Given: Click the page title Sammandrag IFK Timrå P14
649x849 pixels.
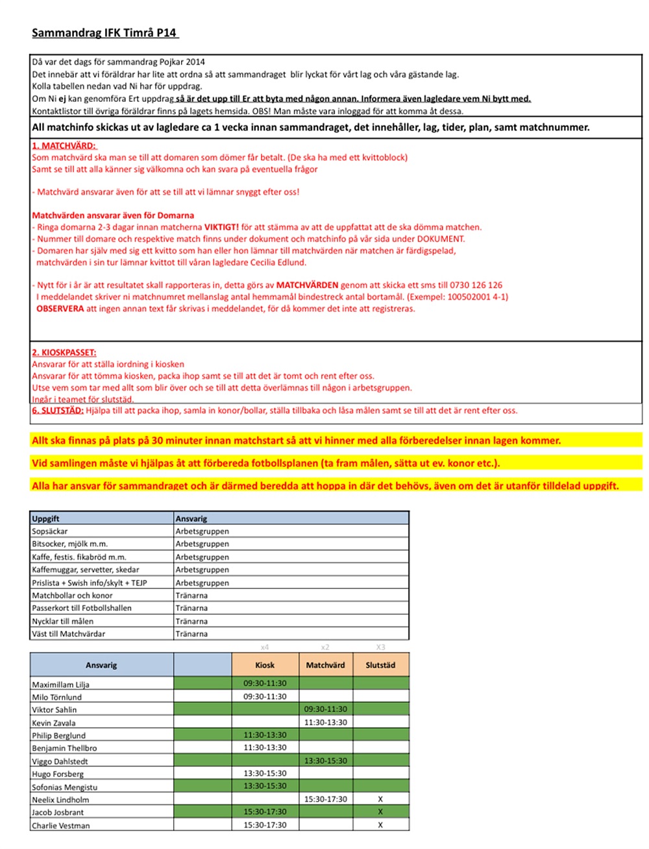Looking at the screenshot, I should [x=104, y=32].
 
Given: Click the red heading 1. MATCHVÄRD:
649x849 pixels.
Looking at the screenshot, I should [x=64, y=146].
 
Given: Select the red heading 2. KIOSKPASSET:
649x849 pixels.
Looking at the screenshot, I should [x=64, y=353].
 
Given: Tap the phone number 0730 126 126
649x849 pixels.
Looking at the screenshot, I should [x=476, y=285].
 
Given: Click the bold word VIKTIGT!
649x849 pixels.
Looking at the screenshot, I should [x=221, y=227].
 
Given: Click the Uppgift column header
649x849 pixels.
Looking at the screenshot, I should [x=45, y=518].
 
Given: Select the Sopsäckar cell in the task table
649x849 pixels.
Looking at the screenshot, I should [x=50, y=531].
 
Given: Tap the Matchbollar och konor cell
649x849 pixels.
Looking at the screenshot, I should [x=72, y=595].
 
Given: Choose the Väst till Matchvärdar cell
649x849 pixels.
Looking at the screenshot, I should [x=68, y=634].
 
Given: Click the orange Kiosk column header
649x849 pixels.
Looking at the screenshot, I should [x=265, y=665].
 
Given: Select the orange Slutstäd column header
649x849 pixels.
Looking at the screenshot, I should [x=380, y=665].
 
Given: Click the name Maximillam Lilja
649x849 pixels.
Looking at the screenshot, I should [x=61, y=684].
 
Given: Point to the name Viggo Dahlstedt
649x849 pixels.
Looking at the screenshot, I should [x=60, y=761].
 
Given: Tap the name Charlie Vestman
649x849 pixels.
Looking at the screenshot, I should [x=61, y=826].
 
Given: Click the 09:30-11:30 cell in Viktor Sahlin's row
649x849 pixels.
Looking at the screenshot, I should [x=325, y=710].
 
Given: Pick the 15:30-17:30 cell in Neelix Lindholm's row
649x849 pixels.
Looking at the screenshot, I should [x=325, y=800].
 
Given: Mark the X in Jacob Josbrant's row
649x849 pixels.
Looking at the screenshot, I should [x=380, y=812].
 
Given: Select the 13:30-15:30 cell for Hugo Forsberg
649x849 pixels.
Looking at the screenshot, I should [x=265, y=774].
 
